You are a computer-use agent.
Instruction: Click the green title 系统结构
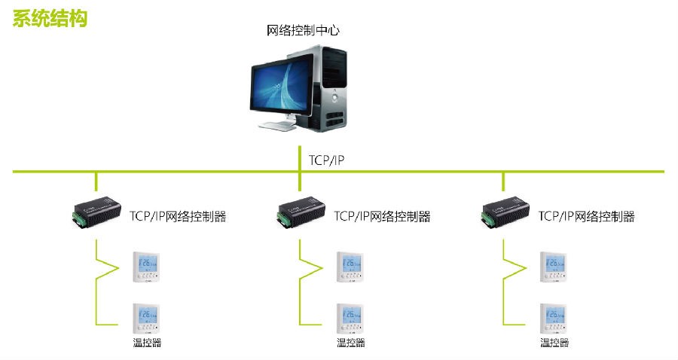tap(50, 18)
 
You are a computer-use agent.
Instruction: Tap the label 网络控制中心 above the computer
tap(304, 31)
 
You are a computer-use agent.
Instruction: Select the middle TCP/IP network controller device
tap(298, 213)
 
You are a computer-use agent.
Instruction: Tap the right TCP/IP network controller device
tap(503, 213)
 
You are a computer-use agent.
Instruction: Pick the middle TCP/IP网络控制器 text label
tap(382, 216)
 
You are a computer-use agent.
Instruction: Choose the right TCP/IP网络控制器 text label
tap(587, 216)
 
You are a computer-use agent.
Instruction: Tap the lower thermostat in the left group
tap(147, 319)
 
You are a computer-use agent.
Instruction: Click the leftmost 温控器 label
tap(148, 343)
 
